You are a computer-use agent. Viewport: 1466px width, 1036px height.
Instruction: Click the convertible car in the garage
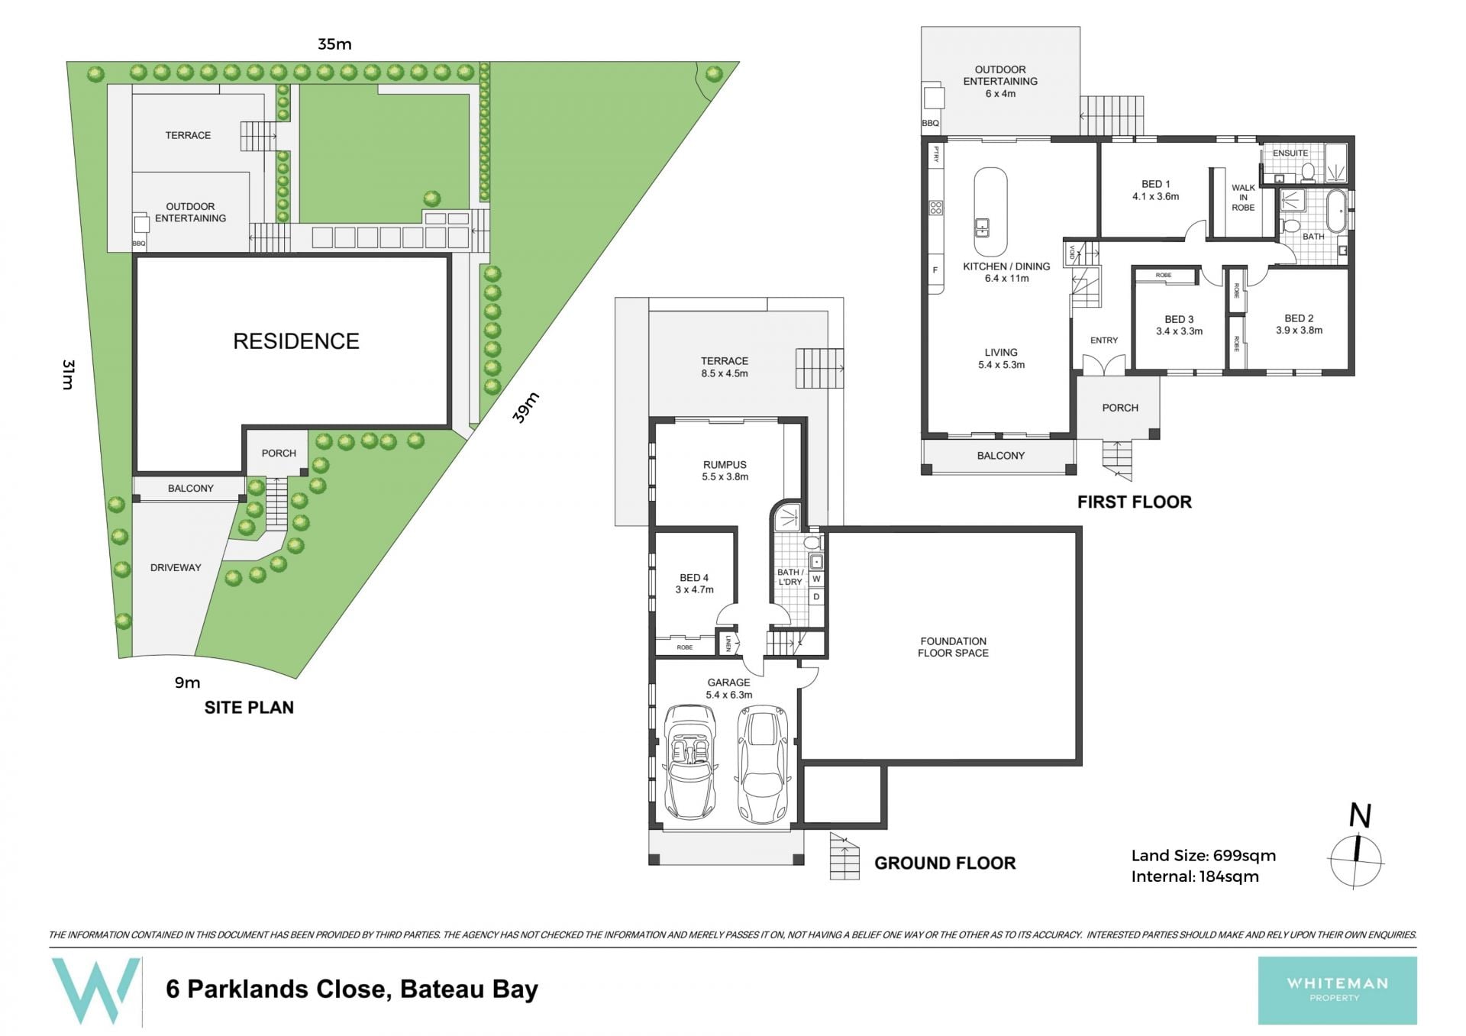point(691,762)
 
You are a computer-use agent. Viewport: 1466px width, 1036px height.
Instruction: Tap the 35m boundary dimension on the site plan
point(334,44)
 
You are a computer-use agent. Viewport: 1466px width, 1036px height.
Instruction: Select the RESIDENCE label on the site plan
point(296,341)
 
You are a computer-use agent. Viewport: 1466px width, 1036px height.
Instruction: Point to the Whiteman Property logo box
point(1337,990)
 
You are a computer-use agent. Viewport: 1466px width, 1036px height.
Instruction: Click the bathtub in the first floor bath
point(1336,211)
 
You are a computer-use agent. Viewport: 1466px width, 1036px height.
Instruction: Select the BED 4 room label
point(694,583)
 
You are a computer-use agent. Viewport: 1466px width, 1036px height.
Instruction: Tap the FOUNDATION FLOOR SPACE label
point(953,647)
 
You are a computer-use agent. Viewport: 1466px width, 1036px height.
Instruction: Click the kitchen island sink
point(982,228)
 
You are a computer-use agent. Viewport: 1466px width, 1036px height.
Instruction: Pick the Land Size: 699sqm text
point(1203,856)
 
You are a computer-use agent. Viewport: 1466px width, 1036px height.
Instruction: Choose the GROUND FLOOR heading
point(945,863)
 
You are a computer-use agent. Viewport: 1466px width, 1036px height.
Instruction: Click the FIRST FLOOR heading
point(1134,502)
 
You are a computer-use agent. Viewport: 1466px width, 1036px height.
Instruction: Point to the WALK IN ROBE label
point(1243,197)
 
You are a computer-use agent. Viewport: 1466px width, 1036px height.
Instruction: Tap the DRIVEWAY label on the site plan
point(176,567)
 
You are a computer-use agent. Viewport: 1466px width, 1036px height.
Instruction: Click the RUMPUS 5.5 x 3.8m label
point(725,470)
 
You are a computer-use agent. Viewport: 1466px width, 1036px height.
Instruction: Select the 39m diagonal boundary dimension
point(525,408)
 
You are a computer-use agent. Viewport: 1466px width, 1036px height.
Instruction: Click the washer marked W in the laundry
point(816,579)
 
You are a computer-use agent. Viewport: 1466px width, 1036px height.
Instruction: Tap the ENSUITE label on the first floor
point(1290,153)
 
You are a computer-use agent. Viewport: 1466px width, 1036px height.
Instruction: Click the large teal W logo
point(95,990)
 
